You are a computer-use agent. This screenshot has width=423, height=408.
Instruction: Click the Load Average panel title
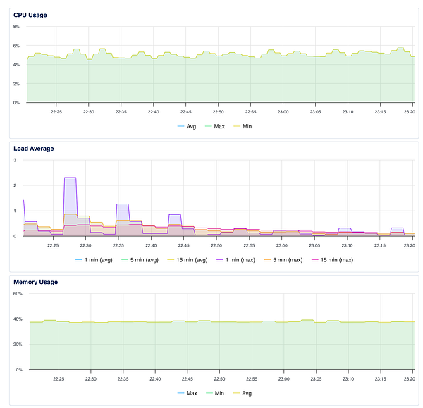tap(33, 148)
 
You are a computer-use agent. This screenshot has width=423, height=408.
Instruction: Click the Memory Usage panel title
tap(36, 282)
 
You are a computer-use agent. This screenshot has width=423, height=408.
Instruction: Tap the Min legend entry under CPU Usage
tap(243, 127)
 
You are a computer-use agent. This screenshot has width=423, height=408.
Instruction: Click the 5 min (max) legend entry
tap(302, 260)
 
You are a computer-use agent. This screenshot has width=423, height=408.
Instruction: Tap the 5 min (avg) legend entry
tap(146, 260)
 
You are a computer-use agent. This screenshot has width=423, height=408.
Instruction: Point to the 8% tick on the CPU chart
tap(16, 26)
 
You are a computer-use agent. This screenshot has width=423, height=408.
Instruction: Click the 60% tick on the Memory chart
tap(18, 293)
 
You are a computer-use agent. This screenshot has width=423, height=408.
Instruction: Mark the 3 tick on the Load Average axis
tap(16, 160)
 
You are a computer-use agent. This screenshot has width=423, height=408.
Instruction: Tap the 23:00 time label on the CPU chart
tap(282, 111)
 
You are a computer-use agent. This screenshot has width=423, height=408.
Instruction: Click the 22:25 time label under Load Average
tap(53, 245)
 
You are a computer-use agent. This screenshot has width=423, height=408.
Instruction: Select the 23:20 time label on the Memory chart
tap(408, 378)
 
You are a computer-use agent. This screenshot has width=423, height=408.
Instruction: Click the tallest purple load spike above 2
tap(70, 178)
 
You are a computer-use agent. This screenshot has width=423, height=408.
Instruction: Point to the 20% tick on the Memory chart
tap(18, 344)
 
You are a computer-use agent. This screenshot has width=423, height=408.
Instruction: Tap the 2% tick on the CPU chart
tap(16, 84)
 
